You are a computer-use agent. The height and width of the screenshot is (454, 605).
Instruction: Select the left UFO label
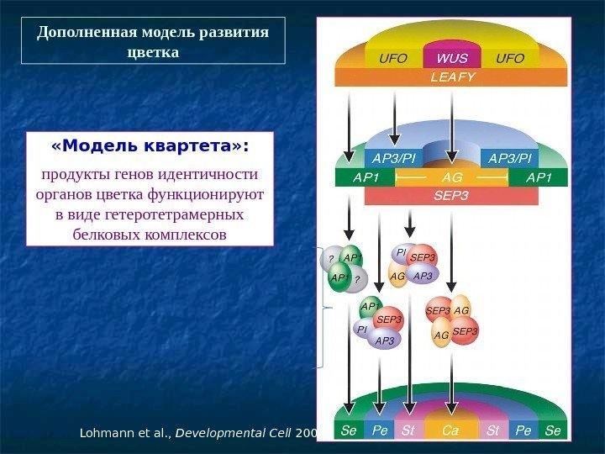[394, 59]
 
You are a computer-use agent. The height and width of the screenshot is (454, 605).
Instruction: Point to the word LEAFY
[452, 77]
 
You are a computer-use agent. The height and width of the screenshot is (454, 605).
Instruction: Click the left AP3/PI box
[394, 159]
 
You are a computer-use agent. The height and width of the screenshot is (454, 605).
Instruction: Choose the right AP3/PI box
[512, 159]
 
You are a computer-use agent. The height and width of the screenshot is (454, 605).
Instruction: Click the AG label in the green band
[452, 178]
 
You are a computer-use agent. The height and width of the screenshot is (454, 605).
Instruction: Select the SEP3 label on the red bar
[452, 196]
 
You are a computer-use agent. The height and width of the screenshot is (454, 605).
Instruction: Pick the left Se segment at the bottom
[349, 430]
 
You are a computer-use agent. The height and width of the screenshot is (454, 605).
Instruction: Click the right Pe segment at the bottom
[523, 430]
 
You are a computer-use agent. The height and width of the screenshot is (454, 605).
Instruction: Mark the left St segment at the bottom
[408, 430]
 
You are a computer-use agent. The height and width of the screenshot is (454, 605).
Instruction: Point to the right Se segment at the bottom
[552, 430]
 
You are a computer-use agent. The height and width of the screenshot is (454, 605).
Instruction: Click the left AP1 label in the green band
[366, 178]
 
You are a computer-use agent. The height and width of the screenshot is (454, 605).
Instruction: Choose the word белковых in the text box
[112, 235]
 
